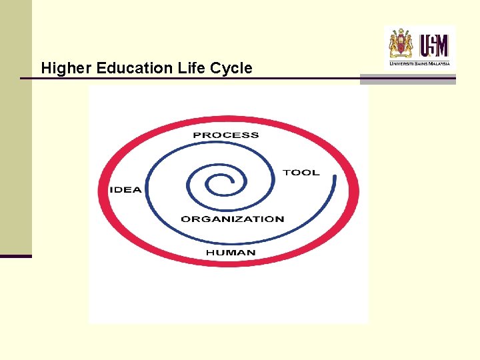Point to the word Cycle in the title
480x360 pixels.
coord(229,68)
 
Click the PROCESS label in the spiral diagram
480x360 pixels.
coord(225,135)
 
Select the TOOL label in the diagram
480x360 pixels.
coord(301,173)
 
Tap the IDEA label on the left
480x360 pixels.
coord(125,190)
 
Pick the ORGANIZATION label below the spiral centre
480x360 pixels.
coord(232,219)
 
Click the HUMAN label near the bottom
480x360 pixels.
coord(230,253)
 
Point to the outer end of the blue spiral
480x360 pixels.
coord(334,177)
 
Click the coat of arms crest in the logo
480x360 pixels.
coord(401,44)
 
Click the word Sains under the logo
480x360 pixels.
coord(419,64)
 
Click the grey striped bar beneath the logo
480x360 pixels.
coord(407,79)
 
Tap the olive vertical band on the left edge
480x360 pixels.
coord(15,127)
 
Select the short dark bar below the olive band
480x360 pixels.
coord(15,256)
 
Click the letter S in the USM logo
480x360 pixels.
coord(433,46)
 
